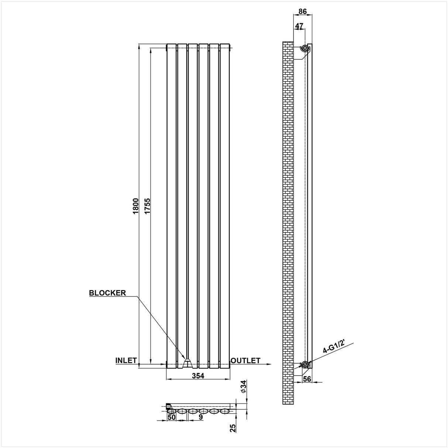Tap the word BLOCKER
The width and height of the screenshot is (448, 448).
point(107,293)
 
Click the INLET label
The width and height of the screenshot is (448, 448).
point(126,361)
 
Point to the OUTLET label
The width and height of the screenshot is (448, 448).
point(246,361)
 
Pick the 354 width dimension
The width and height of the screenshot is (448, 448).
point(198,376)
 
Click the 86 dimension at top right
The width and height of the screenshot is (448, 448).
point(303,11)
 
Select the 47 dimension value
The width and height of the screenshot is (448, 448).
point(299,26)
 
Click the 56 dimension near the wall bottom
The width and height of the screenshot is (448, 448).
point(307,379)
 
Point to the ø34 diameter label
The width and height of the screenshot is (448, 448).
point(243,386)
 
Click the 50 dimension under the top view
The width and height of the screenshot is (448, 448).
point(171,417)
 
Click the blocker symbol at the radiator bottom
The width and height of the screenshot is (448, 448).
point(187,363)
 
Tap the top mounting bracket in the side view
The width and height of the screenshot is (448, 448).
point(305,48)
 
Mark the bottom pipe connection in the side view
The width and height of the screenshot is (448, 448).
point(305,365)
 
